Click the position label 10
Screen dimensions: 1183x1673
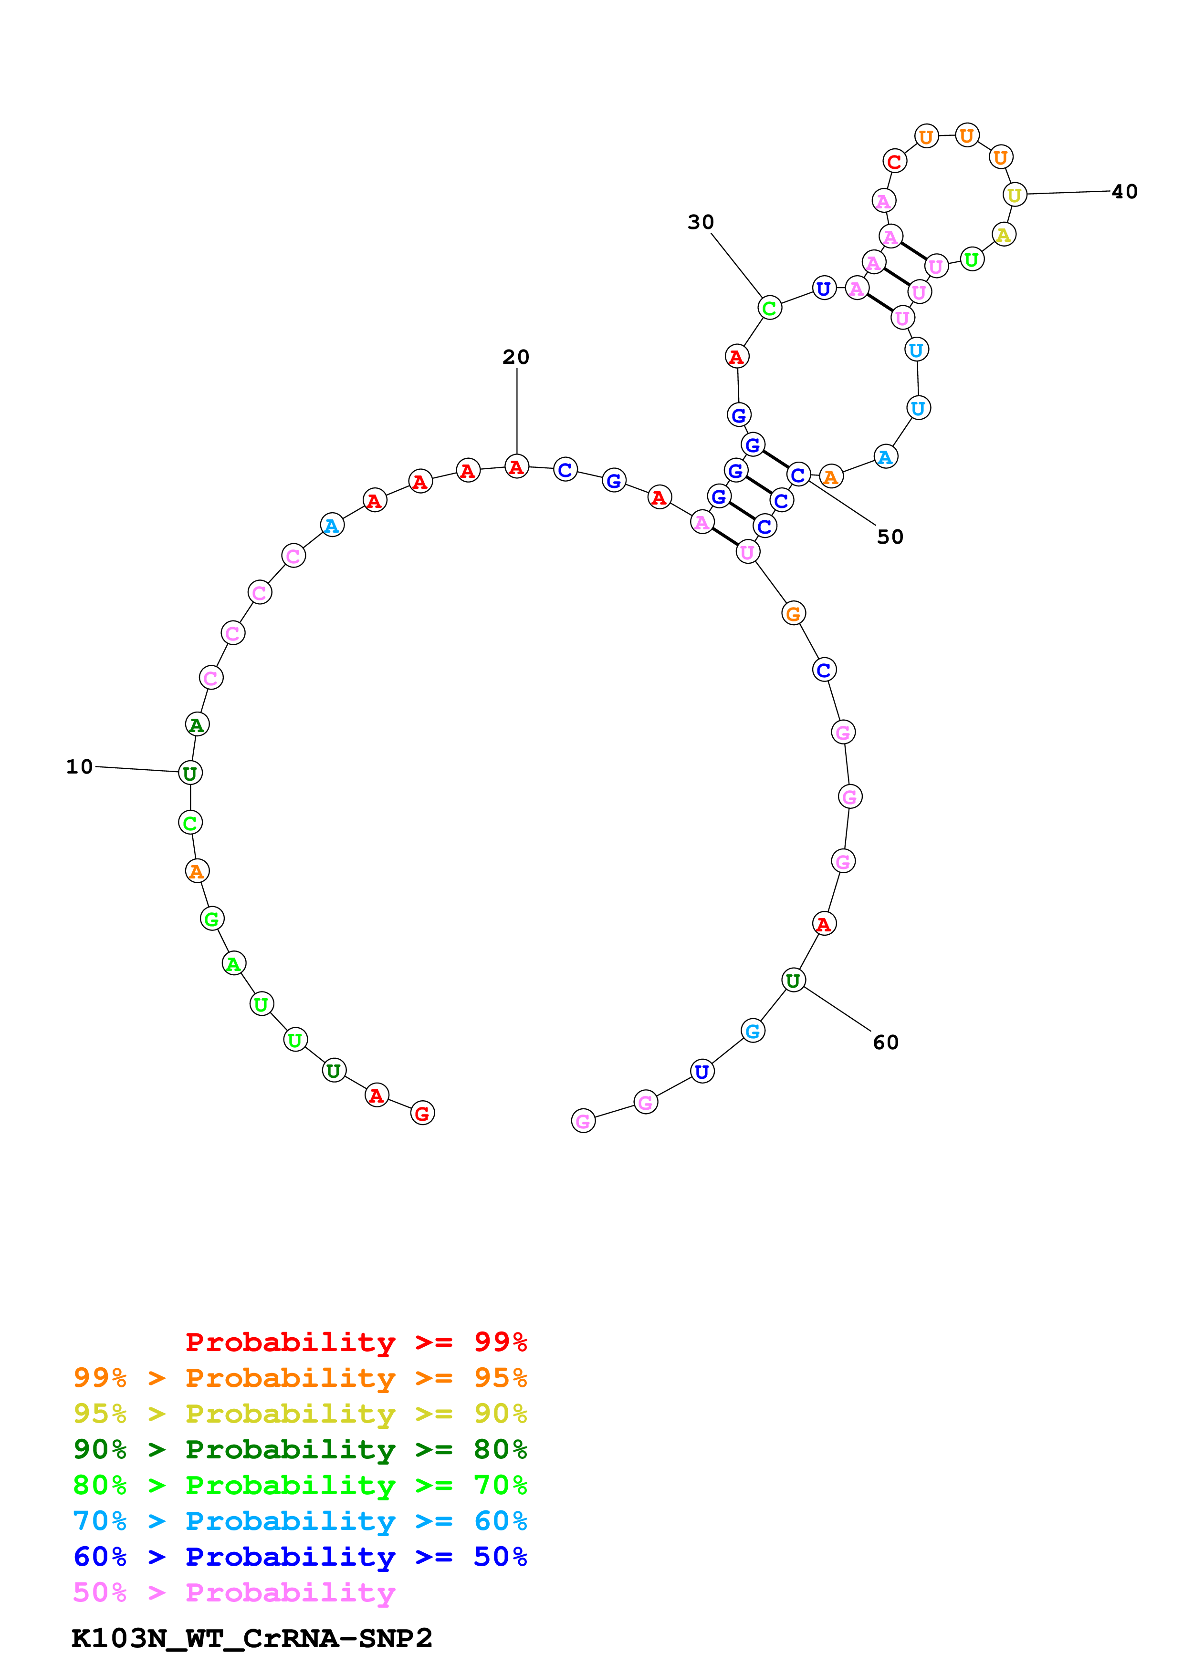[79, 766]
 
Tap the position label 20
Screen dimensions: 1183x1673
[515, 357]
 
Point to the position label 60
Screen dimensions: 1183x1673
[886, 1042]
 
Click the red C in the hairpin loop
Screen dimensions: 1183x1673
[894, 161]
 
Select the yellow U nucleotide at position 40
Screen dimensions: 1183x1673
[1014, 195]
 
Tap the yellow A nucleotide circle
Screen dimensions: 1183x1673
[1004, 235]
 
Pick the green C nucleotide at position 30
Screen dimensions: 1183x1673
[769, 308]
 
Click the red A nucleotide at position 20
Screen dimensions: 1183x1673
[516, 466]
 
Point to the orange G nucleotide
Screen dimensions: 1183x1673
[793, 613]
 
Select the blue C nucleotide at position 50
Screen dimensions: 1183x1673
[798, 475]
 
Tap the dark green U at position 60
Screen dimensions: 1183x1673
[793, 981]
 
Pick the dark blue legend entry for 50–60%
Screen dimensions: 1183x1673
[300, 1557]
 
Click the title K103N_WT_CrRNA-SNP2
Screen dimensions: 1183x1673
[251, 1639]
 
